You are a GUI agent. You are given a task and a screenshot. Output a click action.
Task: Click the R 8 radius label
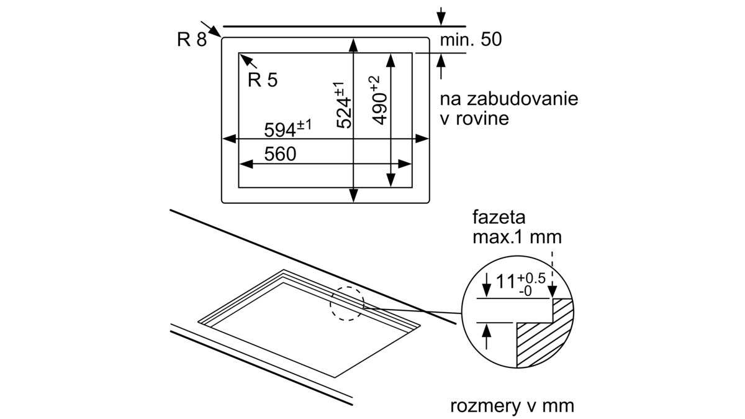click(x=191, y=39)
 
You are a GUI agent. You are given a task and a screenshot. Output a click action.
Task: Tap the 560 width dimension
click(x=279, y=154)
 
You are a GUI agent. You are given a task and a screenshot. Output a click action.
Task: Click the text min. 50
click(x=470, y=40)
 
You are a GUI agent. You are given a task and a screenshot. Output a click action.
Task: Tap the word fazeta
click(x=499, y=219)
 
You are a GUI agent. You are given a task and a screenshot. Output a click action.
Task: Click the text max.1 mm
click(x=517, y=237)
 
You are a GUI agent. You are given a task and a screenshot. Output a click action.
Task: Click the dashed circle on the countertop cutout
click(x=346, y=303)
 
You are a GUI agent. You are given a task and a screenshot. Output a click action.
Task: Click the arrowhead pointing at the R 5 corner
click(x=245, y=58)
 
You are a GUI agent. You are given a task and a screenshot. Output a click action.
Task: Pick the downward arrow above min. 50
click(x=441, y=19)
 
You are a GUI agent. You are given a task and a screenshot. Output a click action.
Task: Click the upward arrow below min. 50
click(x=441, y=61)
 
